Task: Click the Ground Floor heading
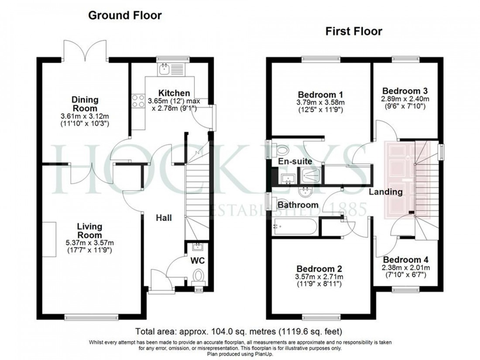(125, 16)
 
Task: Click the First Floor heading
(353, 31)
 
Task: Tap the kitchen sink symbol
(165, 69)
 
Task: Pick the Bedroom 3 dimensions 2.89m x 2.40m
(405, 99)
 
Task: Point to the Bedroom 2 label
(319, 269)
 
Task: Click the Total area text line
(241, 331)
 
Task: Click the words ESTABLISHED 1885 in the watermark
(288, 211)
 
